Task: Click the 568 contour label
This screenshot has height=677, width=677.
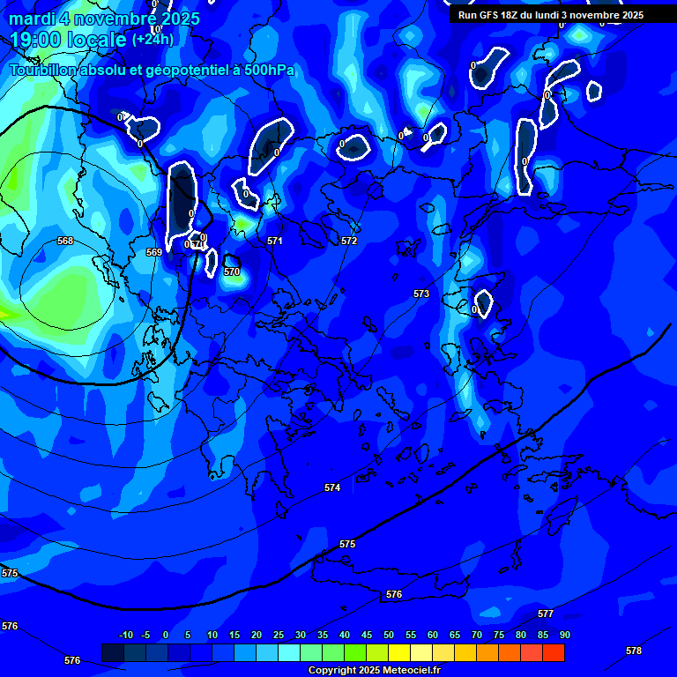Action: coord(65,241)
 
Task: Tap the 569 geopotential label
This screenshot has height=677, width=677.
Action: coord(154,252)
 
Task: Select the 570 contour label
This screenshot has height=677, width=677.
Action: coord(232,272)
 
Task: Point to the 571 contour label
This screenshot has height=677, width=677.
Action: coord(275,241)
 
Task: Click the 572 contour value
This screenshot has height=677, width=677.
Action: coord(349,241)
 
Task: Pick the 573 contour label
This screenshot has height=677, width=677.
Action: coord(421,294)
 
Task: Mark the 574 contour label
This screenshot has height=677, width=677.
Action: coord(332,487)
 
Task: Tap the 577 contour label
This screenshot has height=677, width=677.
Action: coord(546,614)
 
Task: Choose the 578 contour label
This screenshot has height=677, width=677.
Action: coord(634,651)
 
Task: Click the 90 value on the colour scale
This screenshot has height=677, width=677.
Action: coord(564,635)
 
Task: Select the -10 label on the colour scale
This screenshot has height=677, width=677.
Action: coord(125,635)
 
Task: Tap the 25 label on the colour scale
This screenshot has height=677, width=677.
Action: coord(279,635)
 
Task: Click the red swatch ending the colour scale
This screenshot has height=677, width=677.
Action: coord(554,652)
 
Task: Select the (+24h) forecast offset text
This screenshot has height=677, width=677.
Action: coord(153,40)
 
